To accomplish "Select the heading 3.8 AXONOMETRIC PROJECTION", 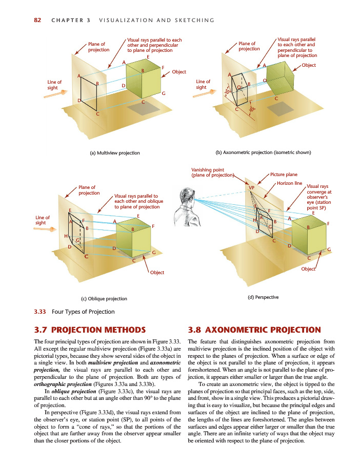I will pos(255,330).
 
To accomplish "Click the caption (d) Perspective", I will pos(263,297).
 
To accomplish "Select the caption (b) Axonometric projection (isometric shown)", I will pos(264,152).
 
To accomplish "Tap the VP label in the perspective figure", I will pos(251,188).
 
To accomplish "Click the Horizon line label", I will pos(289,183).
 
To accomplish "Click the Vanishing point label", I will pos(211,172).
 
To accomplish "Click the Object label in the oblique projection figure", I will pos(157,272).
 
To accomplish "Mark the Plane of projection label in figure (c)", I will pos(89,190).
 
